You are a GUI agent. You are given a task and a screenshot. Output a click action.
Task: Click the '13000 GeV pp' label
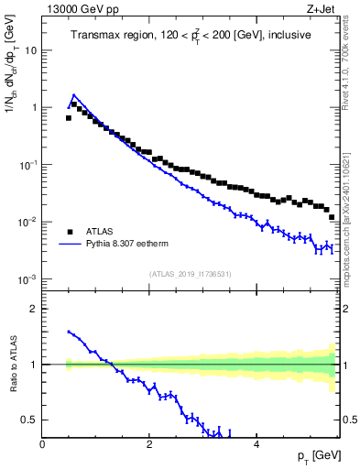click(x=75, y=10)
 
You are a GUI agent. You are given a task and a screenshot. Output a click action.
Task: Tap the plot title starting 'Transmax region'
click(x=190, y=35)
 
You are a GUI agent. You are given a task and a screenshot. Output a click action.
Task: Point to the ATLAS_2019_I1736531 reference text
click(x=191, y=273)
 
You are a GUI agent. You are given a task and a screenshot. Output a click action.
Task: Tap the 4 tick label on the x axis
click(x=256, y=443)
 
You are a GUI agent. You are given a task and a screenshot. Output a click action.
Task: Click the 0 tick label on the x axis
click(x=42, y=443)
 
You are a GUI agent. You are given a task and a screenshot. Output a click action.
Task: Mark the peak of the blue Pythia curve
click(x=74, y=94)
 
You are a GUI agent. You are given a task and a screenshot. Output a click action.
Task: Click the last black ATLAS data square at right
click(x=333, y=217)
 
